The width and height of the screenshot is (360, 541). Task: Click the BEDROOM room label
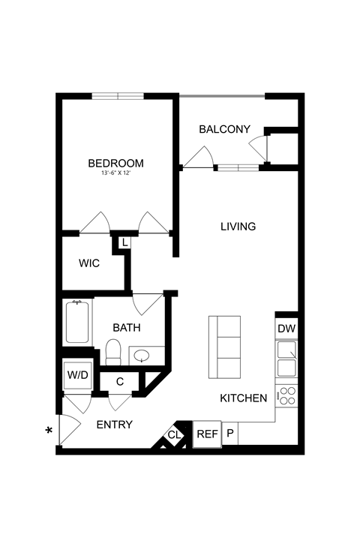(x=115, y=163)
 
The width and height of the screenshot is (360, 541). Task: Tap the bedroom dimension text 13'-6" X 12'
(x=115, y=173)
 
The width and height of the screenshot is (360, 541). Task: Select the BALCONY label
(x=224, y=129)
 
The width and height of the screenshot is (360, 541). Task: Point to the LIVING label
(x=238, y=226)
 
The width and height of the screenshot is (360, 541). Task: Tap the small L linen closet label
(x=124, y=242)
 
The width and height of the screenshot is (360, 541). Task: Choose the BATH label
(x=127, y=327)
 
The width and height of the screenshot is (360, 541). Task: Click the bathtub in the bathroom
(x=77, y=322)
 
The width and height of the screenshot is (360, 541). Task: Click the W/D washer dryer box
(x=76, y=374)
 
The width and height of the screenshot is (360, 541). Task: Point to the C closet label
(x=120, y=381)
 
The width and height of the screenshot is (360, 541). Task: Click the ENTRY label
(x=115, y=424)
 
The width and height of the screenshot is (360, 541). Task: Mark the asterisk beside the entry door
(x=49, y=431)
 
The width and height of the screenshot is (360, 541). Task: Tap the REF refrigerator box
(x=206, y=433)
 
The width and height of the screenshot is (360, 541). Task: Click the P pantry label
(x=229, y=433)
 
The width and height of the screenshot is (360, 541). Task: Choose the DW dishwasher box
(x=286, y=328)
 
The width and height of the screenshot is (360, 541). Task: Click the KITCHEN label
(x=244, y=398)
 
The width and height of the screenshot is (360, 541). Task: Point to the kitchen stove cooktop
(x=286, y=396)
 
